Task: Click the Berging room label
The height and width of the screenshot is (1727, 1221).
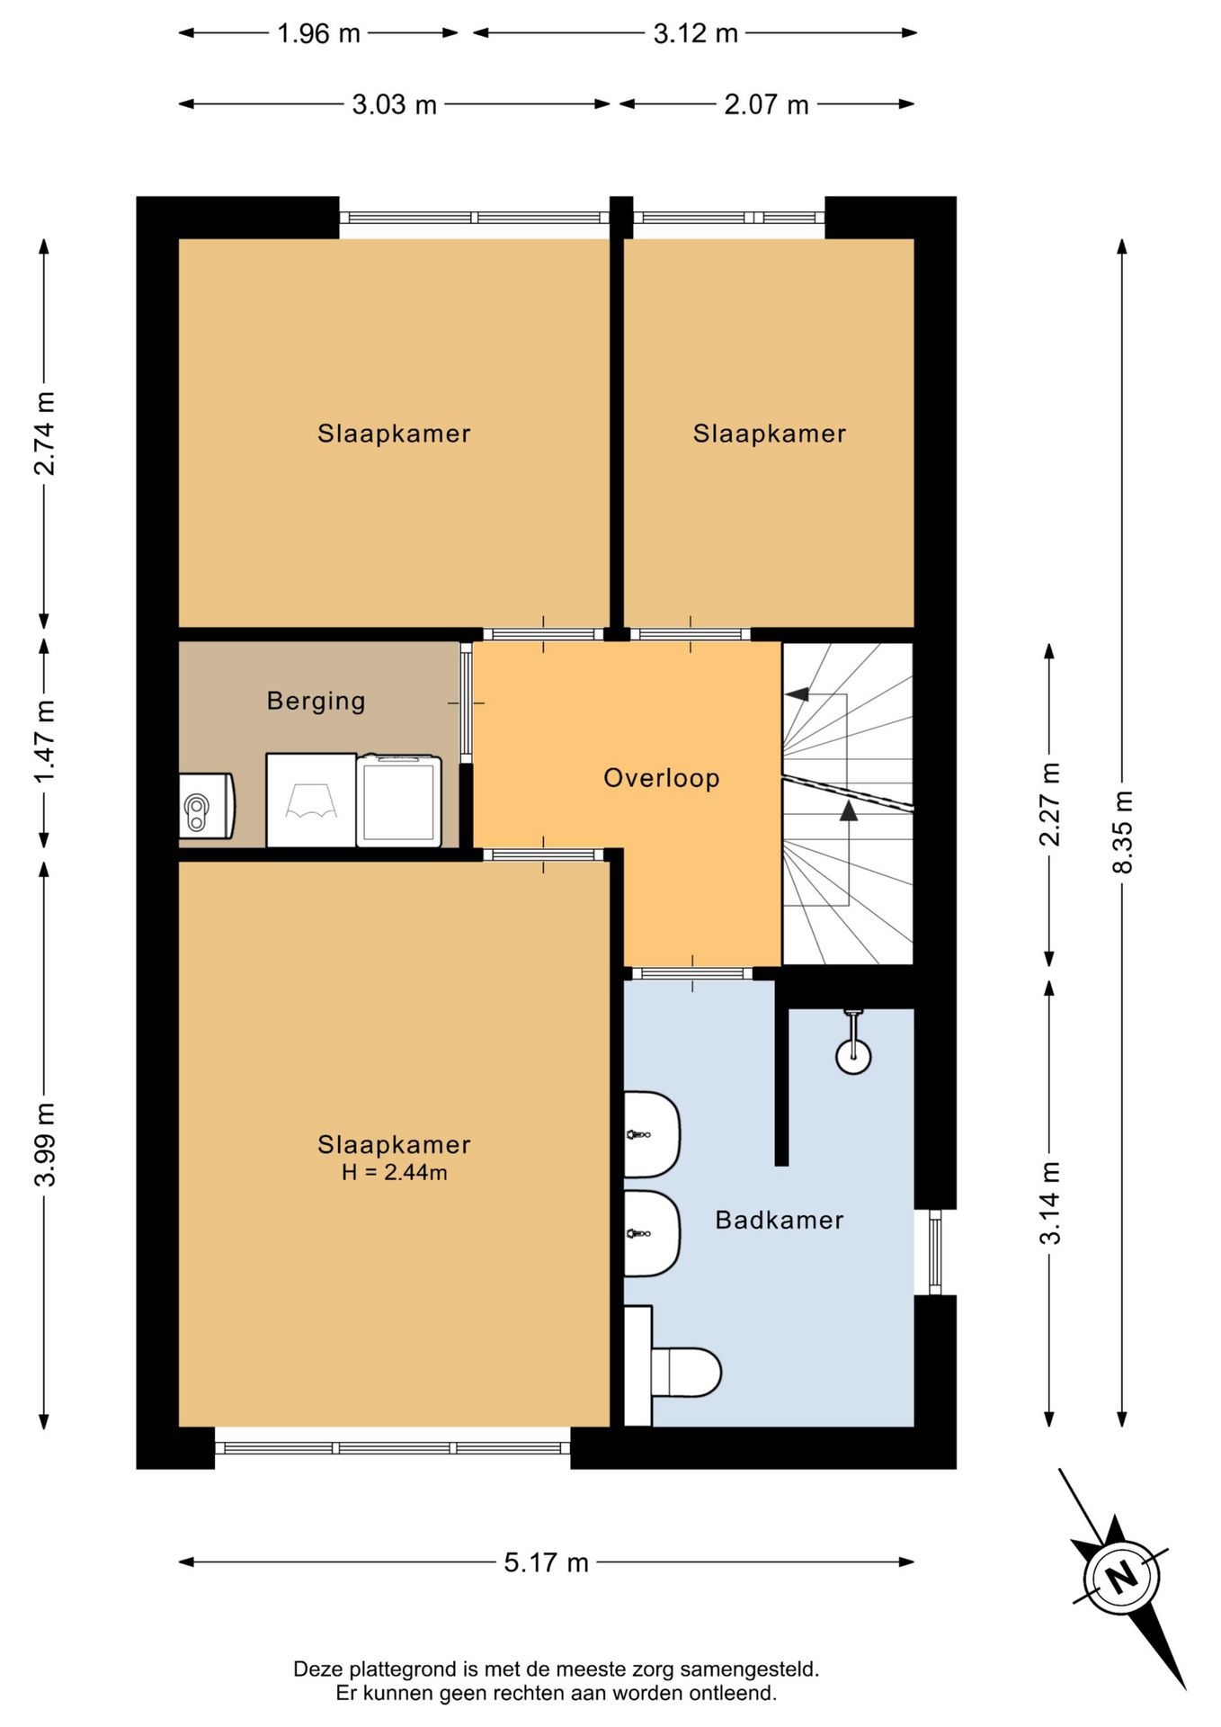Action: point(316,701)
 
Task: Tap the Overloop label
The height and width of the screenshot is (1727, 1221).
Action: point(662,778)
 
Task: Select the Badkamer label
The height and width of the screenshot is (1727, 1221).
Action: point(780,1221)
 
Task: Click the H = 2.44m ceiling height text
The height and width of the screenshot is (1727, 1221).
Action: point(395,1172)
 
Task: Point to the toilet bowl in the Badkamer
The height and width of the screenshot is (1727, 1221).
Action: point(687,1373)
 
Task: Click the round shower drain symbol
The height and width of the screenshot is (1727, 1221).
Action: point(853,1056)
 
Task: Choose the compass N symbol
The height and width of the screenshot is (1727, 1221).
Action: point(1121,1578)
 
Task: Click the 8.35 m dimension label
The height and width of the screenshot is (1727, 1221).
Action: point(1122,832)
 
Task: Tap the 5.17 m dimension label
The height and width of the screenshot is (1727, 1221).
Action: point(546,1562)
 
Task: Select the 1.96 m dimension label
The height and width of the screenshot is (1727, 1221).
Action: point(318,33)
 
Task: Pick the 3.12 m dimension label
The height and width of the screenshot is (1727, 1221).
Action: point(695,33)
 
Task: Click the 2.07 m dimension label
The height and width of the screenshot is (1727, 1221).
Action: point(766,104)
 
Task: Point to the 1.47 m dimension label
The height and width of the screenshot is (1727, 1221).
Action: point(44,741)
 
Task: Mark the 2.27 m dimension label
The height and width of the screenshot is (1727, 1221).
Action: point(1049,804)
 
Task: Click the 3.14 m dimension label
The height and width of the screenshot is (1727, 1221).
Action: point(1049,1203)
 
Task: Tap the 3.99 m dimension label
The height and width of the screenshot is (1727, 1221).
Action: point(44,1144)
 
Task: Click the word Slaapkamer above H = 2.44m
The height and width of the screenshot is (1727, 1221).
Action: point(394,1144)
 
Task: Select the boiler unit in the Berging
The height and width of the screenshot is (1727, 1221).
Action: point(207,806)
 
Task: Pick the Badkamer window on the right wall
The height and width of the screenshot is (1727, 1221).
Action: point(935,1252)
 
